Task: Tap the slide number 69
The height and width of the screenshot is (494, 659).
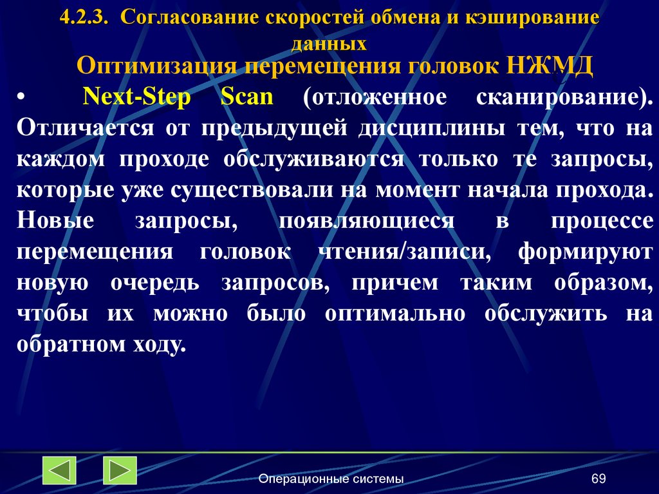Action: coord(599,479)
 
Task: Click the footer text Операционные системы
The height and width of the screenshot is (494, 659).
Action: coord(331,479)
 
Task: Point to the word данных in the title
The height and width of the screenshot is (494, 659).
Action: coord(329,44)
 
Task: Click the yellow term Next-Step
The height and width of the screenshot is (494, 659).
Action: coord(136,97)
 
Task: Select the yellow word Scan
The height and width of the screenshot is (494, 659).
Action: coord(247,97)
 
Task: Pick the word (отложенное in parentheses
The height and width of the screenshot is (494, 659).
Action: coord(373,98)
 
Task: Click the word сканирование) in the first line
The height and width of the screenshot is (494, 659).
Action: coord(565,98)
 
